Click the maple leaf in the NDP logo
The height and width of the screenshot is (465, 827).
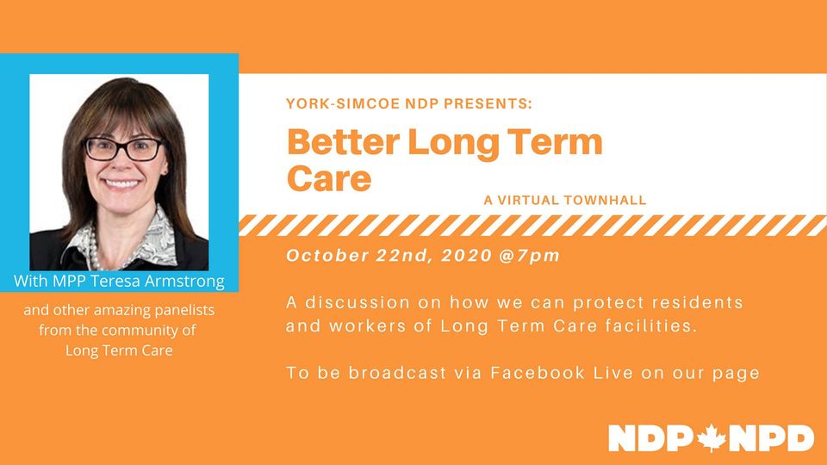pyautogui.click(x=712, y=438)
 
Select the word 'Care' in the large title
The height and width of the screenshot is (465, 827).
pyautogui.click(x=329, y=179)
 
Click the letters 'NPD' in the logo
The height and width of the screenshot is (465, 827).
pyautogui.click(x=771, y=438)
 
